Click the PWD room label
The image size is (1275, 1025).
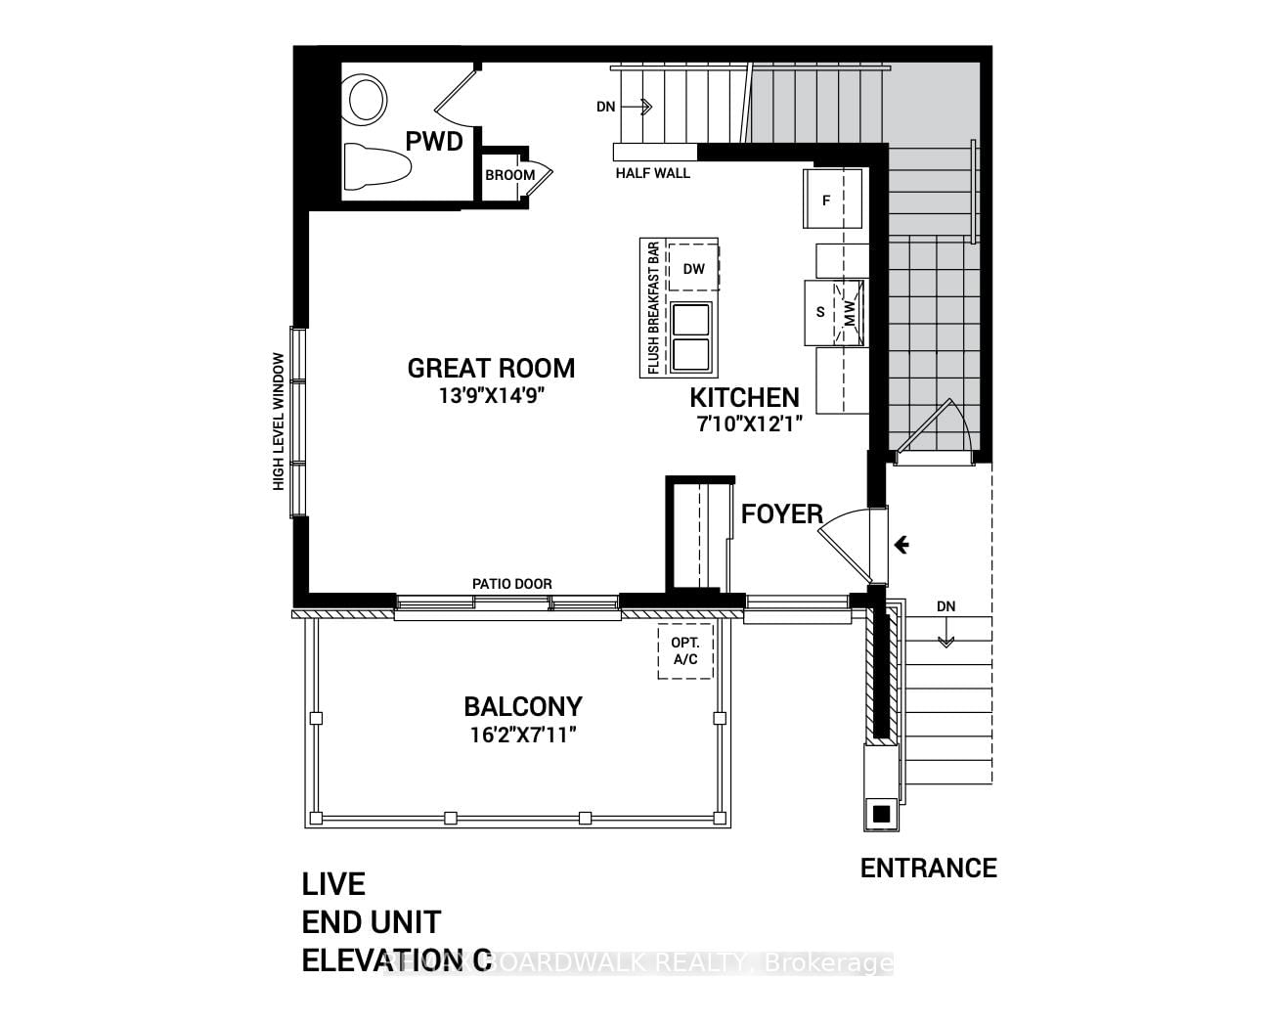[x=434, y=142]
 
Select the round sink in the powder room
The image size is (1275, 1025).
[x=366, y=99]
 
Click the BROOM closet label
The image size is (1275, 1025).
[x=510, y=175]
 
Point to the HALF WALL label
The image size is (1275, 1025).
[x=652, y=173]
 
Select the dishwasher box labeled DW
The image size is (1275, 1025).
[x=693, y=268]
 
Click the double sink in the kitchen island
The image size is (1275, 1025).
[x=691, y=336]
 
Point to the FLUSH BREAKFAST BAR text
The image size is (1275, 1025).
[x=653, y=308]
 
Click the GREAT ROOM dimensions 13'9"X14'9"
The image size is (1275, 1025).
[x=491, y=396]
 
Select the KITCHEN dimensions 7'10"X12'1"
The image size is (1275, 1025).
[x=744, y=425]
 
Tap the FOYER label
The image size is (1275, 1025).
[x=781, y=514]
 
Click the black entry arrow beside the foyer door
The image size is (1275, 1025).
[x=901, y=545]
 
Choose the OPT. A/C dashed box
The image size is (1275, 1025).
[x=684, y=651]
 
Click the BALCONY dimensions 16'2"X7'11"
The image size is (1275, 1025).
[x=523, y=735]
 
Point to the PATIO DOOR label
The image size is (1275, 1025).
[x=511, y=584]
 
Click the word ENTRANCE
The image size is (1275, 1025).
[x=928, y=868]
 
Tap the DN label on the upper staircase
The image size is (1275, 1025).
[x=606, y=107]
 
